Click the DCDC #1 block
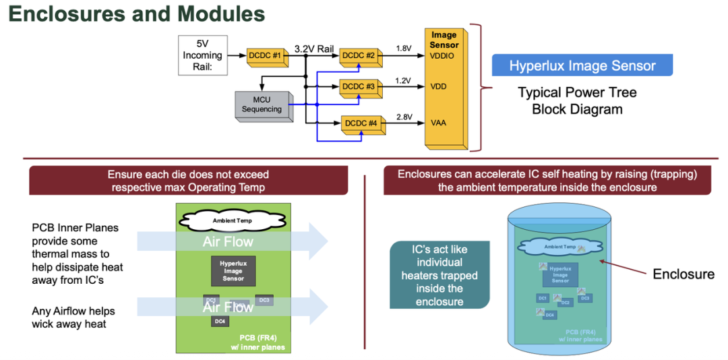267,56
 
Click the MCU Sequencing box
262,105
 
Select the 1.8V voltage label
403,49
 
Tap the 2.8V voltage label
404,117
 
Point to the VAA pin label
438,123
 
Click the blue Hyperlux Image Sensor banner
582,65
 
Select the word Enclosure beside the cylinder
683,274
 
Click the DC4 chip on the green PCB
220,322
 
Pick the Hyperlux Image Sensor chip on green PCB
233,270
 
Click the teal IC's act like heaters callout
439,276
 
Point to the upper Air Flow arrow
229,241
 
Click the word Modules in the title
213,14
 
